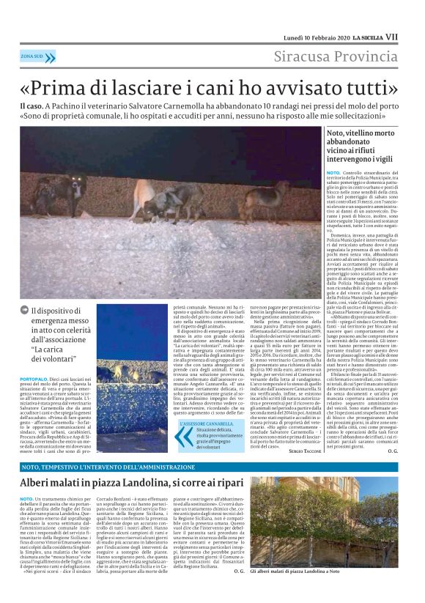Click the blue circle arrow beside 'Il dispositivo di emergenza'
[25, 311]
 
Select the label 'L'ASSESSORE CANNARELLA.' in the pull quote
[210, 423]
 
